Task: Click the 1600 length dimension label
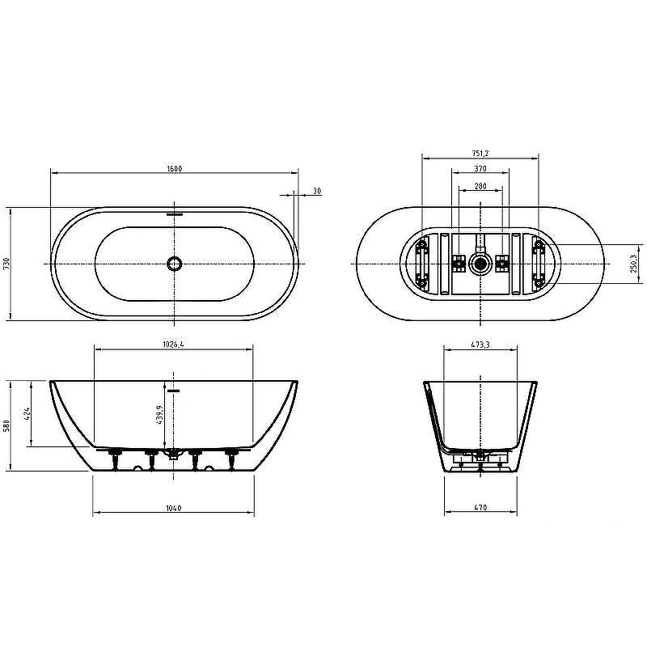(175, 168)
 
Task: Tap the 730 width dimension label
(6, 264)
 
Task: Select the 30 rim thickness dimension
(317, 191)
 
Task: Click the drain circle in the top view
(174, 264)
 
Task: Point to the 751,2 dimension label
(480, 153)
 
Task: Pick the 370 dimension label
(480, 168)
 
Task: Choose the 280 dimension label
(480, 186)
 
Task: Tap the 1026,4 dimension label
(173, 345)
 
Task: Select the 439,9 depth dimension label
(160, 415)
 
